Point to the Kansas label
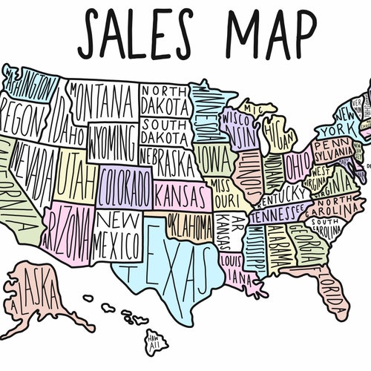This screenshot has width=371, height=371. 181,196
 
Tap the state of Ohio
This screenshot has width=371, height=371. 298,162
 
